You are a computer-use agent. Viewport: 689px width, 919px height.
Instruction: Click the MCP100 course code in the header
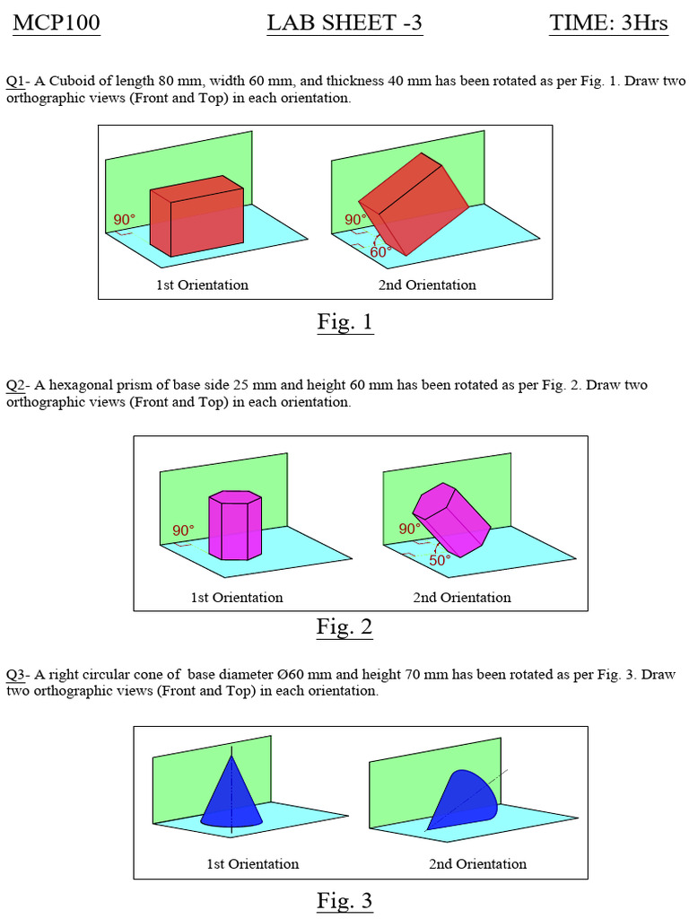pyautogui.click(x=56, y=23)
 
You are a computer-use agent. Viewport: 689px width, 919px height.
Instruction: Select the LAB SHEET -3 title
pyautogui.click(x=344, y=23)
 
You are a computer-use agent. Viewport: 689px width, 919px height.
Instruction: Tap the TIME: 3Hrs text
pyautogui.click(x=607, y=23)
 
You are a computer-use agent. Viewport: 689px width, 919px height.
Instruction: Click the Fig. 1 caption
pyautogui.click(x=344, y=321)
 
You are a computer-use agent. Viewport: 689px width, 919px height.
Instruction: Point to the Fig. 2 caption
pyautogui.click(x=344, y=626)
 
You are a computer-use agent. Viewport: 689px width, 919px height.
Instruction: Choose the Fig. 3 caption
pyautogui.click(x=344, y=900)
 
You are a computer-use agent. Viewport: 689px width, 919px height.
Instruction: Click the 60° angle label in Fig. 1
pyautogui.click(x=380, y=252)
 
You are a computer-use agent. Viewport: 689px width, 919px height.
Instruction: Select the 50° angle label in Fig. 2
pyautogui.click(x=440, y=560)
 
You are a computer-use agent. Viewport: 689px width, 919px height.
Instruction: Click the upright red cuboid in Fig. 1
pyautogui.click(x=196, y=216)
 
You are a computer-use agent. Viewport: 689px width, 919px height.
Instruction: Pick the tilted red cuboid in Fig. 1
pyautogui.click(x=414, y=204)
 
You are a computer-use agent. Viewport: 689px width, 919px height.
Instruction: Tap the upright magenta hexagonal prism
pyautogui.click(x=234, y=526)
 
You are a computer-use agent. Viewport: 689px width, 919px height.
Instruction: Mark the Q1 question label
pyautogui.click(x=15, y=81)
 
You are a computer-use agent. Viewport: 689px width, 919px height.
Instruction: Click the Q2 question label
pyautogui.click(x=15, y=385)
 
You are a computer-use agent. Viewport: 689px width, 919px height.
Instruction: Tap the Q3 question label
pyautogui.click(x=15, y=674)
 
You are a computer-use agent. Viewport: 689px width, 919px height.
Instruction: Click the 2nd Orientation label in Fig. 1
pyautogui.click(x=427, y=284)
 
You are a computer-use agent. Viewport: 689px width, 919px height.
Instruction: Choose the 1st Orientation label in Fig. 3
pyautogui.click(x=252, y=863)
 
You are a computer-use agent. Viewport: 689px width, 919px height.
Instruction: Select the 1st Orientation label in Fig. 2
pyautogui.click(x=236, y=597)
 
